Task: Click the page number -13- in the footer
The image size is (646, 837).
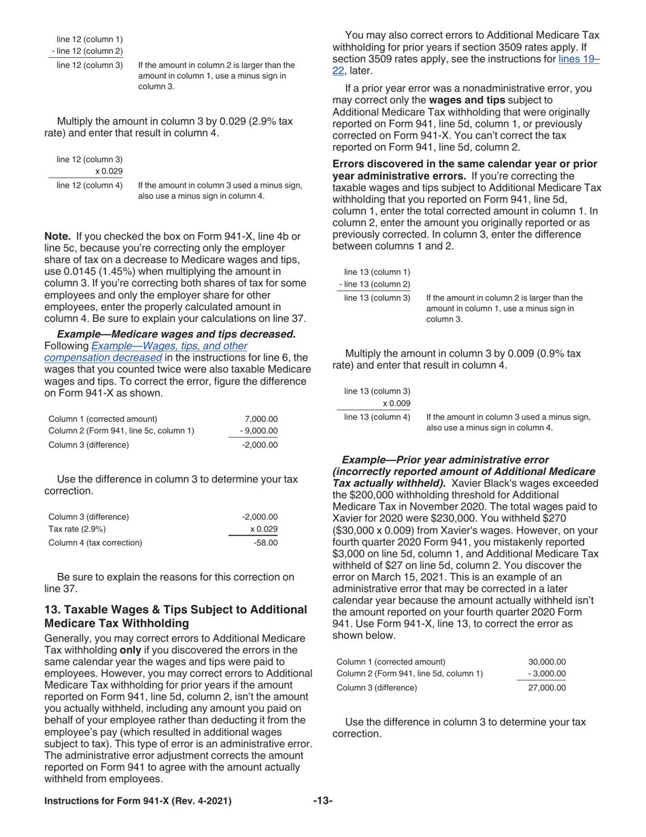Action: point(322,801)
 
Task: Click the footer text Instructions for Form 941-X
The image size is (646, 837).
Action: point(137,801)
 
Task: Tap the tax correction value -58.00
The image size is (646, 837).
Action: point(265,542)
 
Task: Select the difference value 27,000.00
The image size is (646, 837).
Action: point(547,687)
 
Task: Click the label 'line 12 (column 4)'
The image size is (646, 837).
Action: point(90,184)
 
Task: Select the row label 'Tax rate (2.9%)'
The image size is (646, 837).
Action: point(78,529)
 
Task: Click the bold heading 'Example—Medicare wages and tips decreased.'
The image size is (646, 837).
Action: point(176,333)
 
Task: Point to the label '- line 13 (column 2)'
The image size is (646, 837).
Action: point(374,284)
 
